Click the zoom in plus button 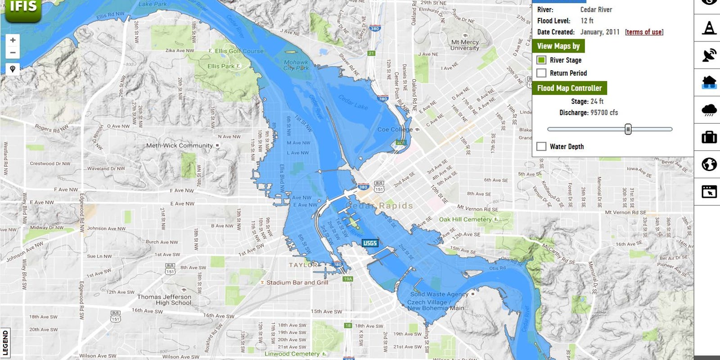pos(13,40)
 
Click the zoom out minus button pos(13,53)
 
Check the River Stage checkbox pos(541,60)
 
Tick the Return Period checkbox pos(541,73)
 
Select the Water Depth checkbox pos(541,146)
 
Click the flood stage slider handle pos(628,129)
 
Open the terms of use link pos(644,32)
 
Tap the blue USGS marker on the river pos(370,243)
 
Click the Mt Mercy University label pos(465,45)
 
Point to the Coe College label pos(395,130)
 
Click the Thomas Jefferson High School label pos(164,300)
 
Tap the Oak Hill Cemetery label pos(465,220)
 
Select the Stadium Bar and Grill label pos(297,283)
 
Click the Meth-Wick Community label pos(179,145)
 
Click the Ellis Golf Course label pos(238,51)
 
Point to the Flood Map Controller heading pos(569,88)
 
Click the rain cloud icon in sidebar pos(709,110)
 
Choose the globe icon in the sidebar pos(709,164)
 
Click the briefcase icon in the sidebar pos(709,137)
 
